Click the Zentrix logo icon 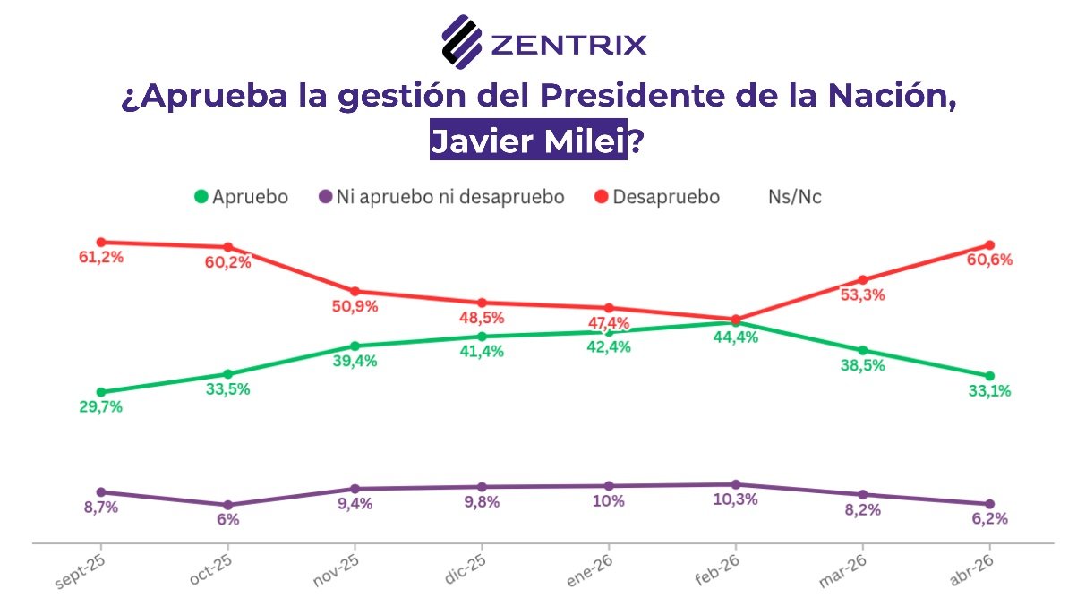(462, 41)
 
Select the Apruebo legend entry (241, 197)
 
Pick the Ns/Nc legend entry (794, 197)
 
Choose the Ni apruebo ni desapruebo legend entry (441, 197)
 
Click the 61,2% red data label (100, 258)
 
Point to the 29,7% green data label (100, 407)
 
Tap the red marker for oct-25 (227, 247)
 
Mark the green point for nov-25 (355, 346)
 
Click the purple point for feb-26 (736, 484)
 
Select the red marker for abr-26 (989, 245)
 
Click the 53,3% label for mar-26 (862, 295)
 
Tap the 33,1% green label (989, 391)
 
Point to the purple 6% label (227, 519)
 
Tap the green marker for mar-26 (863, 350)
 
